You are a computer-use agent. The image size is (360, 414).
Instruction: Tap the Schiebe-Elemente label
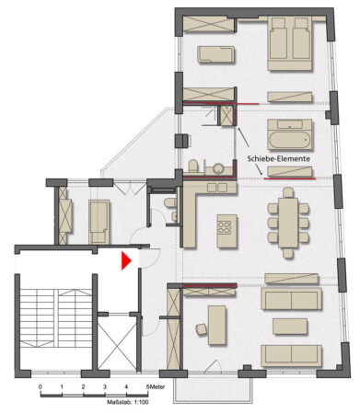coord(278,159)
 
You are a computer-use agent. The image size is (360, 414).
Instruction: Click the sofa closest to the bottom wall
coord(290,356)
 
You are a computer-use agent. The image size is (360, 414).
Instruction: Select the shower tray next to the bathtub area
coord(226,117)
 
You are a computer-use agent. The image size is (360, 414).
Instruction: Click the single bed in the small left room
coord(99,221)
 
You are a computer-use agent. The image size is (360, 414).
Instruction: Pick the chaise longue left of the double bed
coord(218,53)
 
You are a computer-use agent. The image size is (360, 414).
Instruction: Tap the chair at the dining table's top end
coord(288,193)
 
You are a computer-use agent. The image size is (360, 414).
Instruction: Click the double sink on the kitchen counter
coord(216,188)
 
